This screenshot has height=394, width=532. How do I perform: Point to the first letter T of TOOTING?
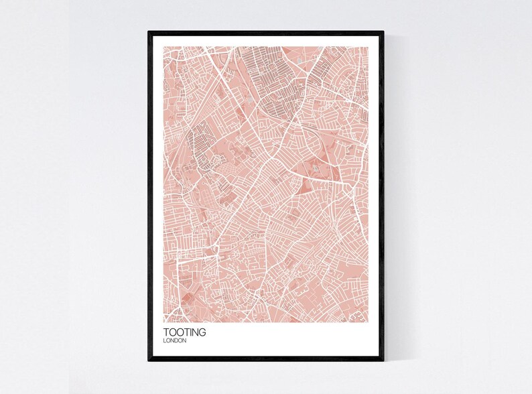click(x=165, y=332)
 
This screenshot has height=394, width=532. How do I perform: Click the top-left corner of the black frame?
click(x=149, y=31)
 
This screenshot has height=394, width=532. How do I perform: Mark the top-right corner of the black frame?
click(x=384, y=31)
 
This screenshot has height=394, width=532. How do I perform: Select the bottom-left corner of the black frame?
click(x=149, y=361)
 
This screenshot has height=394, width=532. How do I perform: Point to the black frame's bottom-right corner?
click(x=384, y=361)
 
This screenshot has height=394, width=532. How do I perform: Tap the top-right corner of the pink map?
click(x=369, y=46)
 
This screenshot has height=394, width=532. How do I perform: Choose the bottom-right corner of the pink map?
click(x=369, y=322)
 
